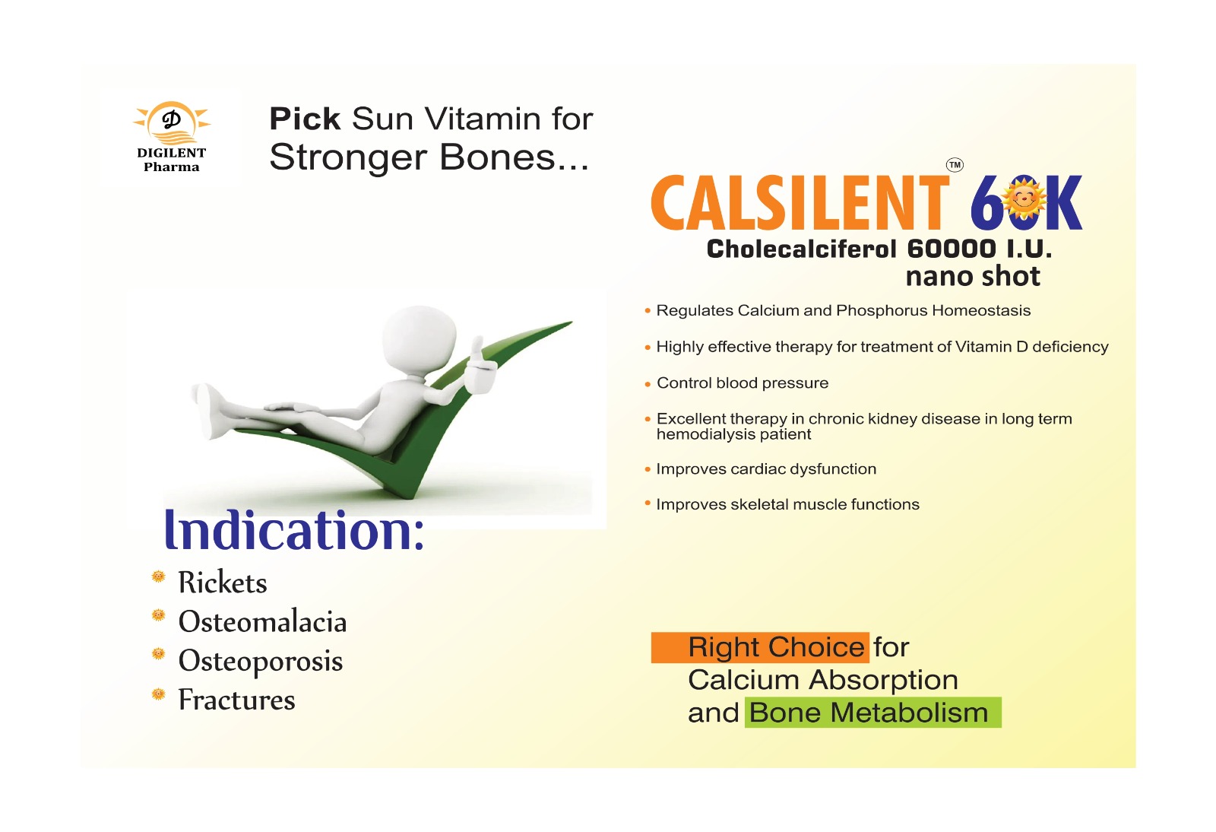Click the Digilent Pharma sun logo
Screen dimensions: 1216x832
click(x=172, y=122)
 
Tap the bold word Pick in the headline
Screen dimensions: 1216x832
click(x=305, y=119)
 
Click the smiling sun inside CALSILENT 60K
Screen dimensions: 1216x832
click(x=1024, y=198)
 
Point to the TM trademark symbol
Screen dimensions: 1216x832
click(x=955, y=164)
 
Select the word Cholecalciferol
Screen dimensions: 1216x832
click(x=801, y=249)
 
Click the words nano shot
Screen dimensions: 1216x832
click(x=973, y=276)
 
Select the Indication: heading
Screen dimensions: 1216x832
click(x=293, y=531)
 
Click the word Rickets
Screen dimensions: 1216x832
click(x=223, y=583)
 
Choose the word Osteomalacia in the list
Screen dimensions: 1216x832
click(x=262, y=621)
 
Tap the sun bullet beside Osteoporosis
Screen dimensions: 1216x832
click(x=158, y=654)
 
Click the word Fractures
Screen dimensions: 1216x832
click(x=236, y=700)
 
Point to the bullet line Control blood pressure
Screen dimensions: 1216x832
click(x=742, y=383)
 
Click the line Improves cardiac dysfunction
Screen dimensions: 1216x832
click(x=766, y=469)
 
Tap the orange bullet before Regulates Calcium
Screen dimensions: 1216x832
click(x=648, y=311)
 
